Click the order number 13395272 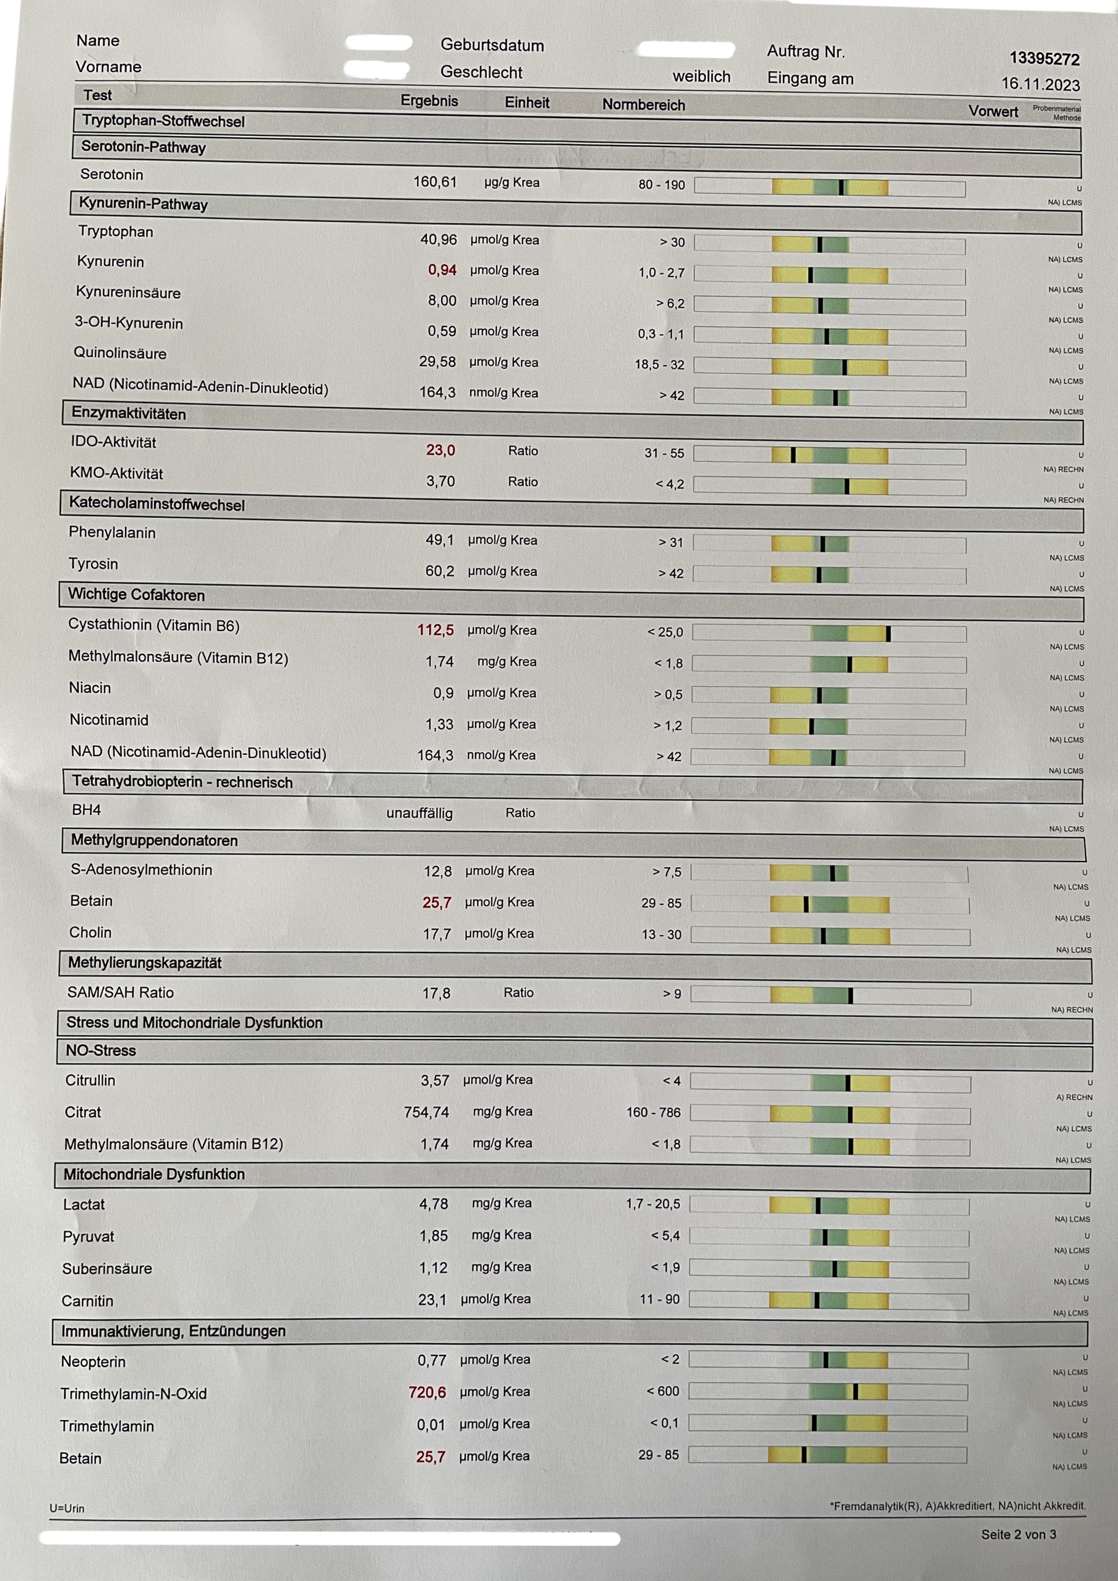1045,59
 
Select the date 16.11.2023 1040,85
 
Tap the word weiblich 701,77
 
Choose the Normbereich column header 643,105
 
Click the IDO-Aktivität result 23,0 440,450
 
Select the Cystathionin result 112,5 435,630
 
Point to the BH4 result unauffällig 420,813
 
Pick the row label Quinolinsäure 120,353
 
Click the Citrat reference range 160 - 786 653,1112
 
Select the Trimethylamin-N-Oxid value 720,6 427,1392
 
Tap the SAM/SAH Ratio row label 120,992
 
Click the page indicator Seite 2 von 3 1018,1534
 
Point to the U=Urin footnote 67,1508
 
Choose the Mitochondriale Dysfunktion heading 154,1174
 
